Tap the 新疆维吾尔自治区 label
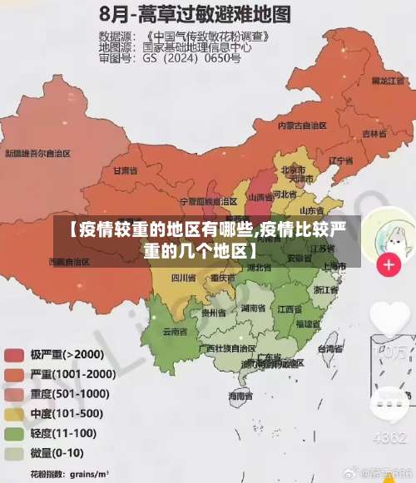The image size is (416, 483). click(37, 153)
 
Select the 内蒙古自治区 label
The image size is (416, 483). click(302, 125)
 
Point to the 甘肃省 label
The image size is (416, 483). click(124, 170)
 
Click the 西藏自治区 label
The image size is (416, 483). click(68, 261)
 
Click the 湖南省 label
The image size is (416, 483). click(252, 308)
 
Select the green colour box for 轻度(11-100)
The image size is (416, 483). click(14, 434)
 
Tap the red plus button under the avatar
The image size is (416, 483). click(388, 265)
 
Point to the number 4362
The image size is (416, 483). click(389, 438)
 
